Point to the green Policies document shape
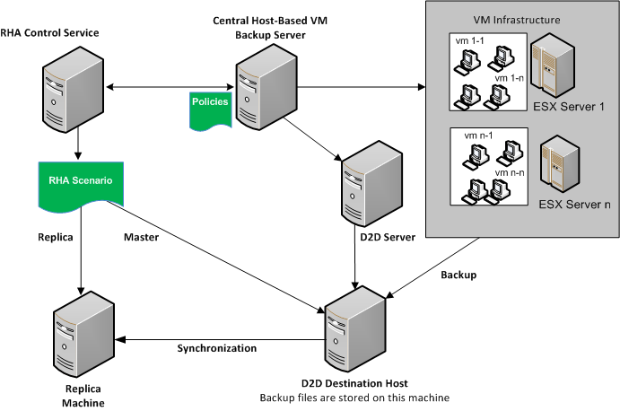pyautogui.click(x=210, y=109)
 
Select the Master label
pyautogui.click(x=141, y=238)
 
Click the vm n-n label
pyautogui.click(x=509, y=171)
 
